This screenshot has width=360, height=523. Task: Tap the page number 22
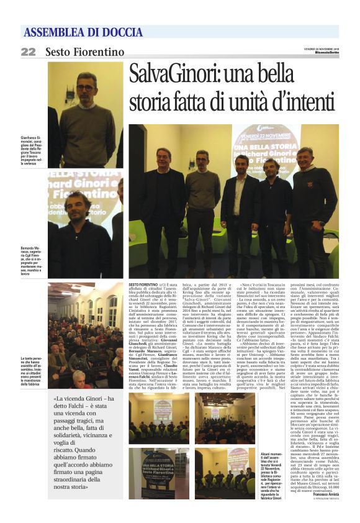click(29, 52)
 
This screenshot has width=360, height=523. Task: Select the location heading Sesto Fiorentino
click(84, 52)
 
